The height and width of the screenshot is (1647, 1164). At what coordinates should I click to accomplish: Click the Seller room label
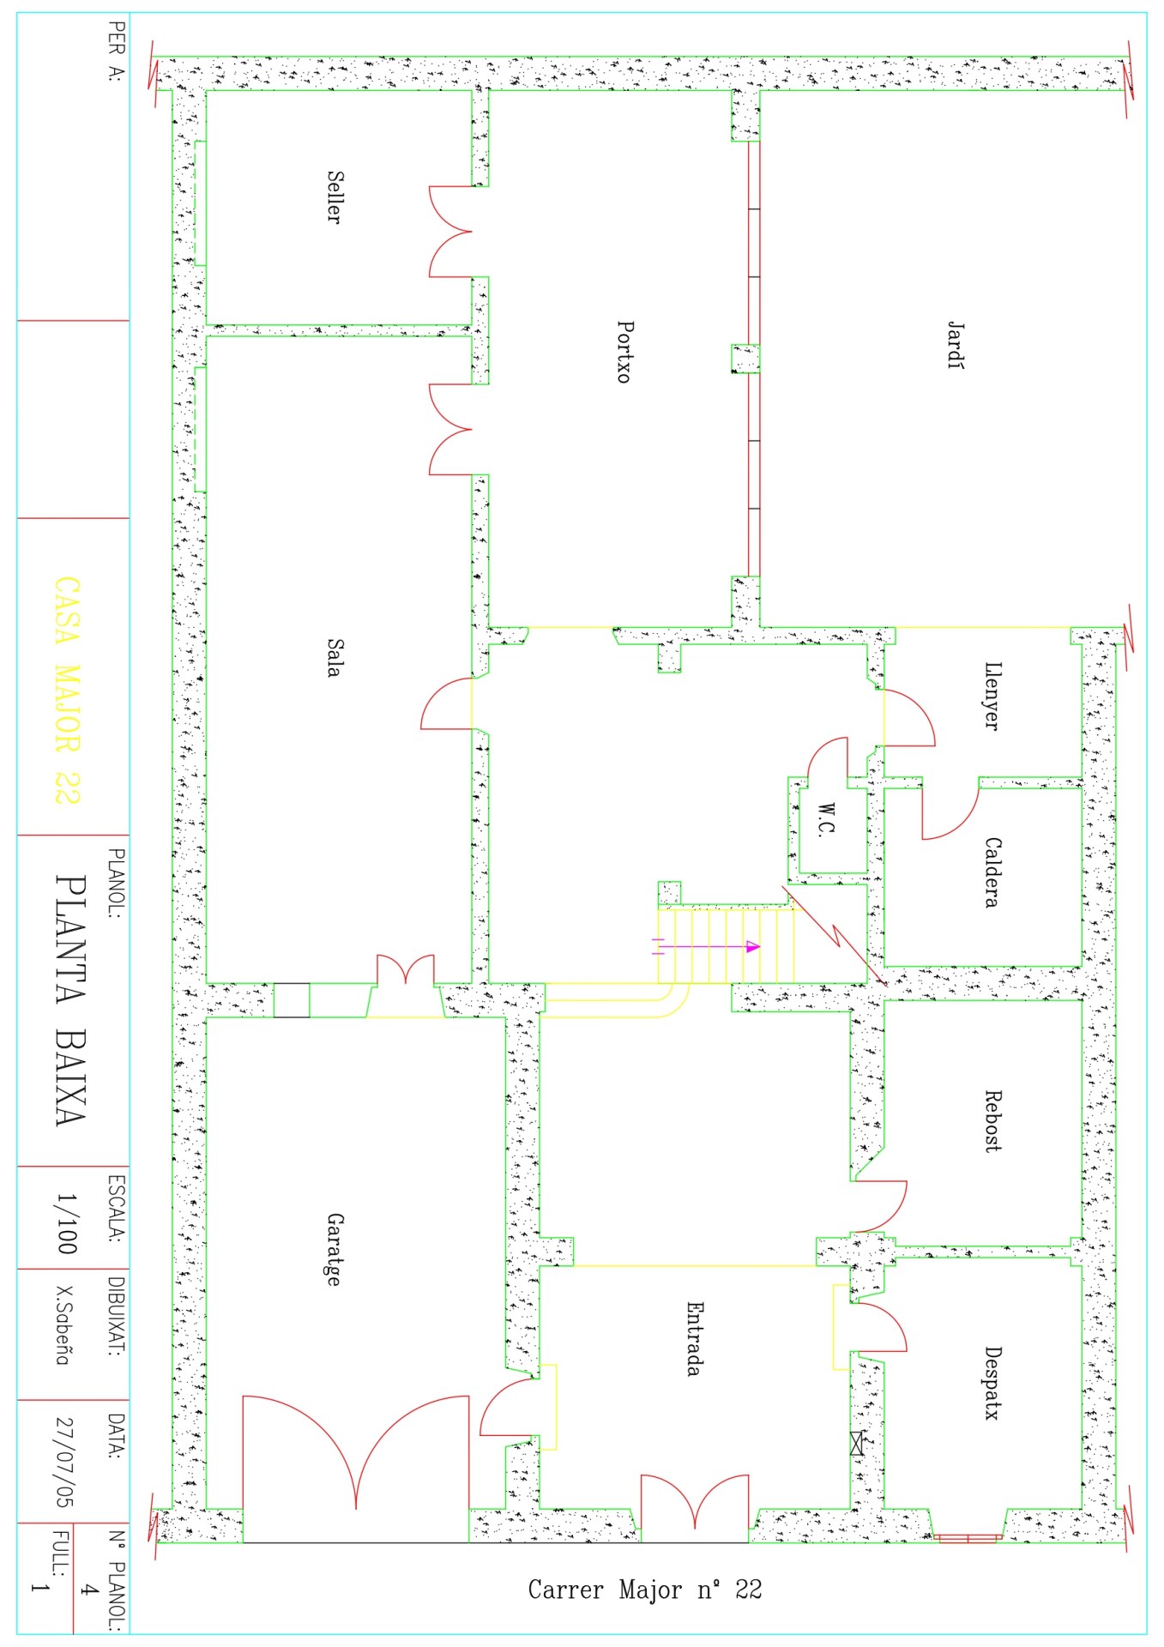click(x=335, y=197)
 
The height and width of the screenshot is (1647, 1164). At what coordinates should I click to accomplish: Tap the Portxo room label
click(x=625, y=352)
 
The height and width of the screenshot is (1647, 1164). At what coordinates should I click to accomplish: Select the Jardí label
click(x=956, y=345)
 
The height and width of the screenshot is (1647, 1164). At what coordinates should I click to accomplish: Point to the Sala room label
click(x=335, y=658)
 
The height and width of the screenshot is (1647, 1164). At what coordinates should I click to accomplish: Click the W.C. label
click(x=826, y=819)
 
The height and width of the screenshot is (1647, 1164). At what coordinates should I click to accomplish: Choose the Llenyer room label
click(x=992, y=696)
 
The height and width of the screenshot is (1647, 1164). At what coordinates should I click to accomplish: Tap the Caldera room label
click(x=992, y=872)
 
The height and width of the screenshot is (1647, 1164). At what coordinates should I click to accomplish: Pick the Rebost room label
click(x=992, y=1120)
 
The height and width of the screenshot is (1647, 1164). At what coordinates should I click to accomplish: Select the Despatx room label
click(x=992, y=1383)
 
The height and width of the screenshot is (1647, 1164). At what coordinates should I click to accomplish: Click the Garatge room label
click(x=335, y=1250)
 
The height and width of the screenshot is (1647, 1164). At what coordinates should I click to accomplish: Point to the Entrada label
click(x=695, y=1338)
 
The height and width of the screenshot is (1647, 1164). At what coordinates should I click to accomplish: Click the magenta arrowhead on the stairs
click(x=753, y=947)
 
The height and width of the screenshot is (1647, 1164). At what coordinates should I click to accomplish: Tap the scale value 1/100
click(x=66, y=1224)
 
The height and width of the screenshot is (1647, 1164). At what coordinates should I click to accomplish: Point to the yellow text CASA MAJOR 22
click(x=67, y=691)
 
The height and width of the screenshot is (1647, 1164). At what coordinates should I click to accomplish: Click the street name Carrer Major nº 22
click(x=645, y=1590)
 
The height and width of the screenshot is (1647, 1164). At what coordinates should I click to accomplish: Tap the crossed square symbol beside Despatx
click(x=857, y=1443)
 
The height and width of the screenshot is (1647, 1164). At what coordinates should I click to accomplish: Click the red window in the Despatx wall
click(x=968, y=1538)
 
